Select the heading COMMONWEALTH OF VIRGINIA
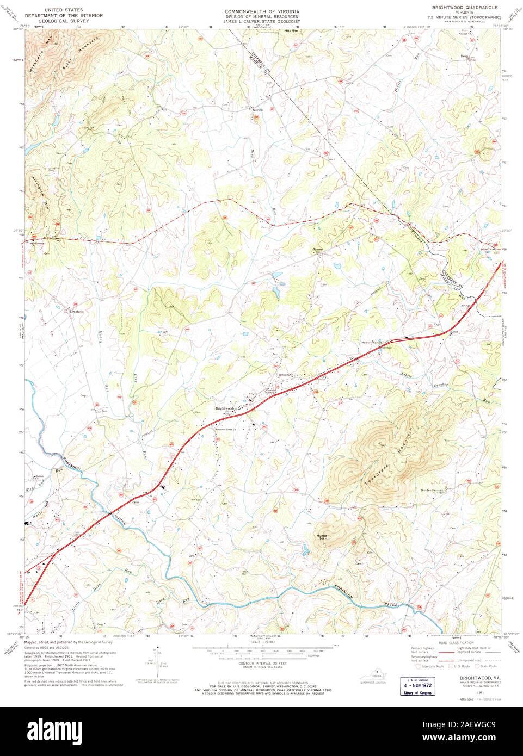click(262, 11)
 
